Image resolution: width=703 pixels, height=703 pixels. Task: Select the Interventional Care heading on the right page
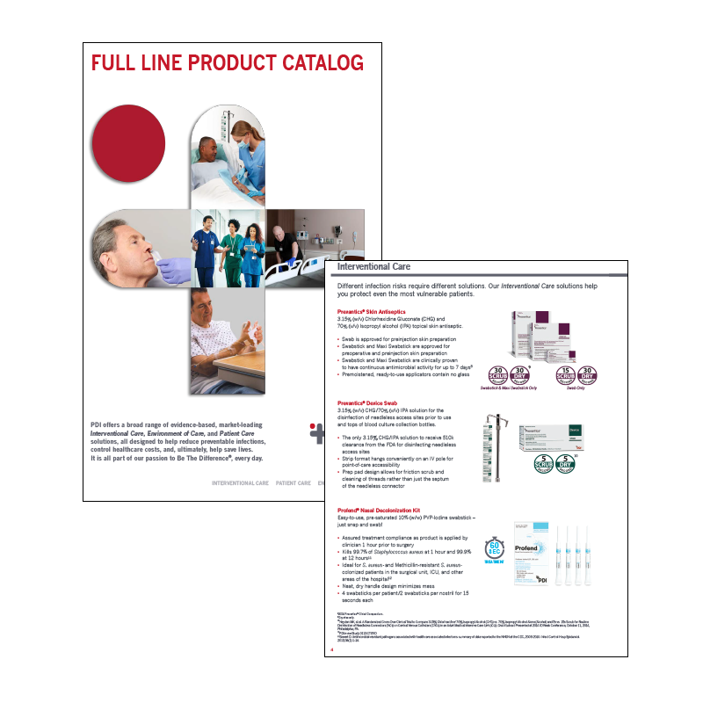coord(373,267)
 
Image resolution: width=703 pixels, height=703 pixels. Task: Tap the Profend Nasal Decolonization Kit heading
coord(387,511)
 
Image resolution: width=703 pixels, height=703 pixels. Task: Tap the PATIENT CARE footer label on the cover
coord(293,482)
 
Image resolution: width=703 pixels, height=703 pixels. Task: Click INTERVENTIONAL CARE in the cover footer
coord(240,482)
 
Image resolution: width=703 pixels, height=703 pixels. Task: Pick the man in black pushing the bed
coord(291,243)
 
